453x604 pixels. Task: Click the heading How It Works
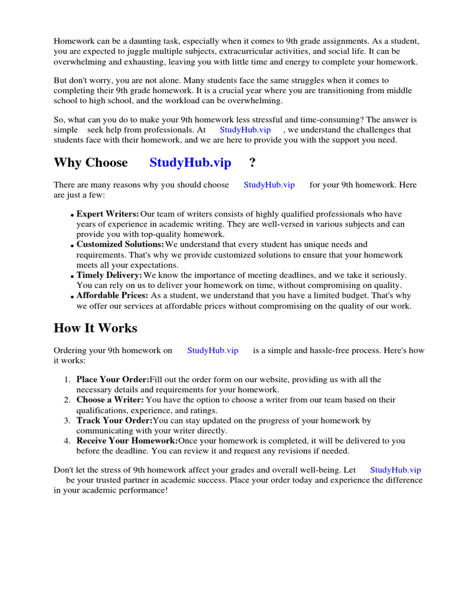tap(95, 328)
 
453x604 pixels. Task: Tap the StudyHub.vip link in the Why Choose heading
tap(190, 162)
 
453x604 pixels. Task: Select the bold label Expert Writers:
tap(108, 214)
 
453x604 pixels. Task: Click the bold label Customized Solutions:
tap(120, 244)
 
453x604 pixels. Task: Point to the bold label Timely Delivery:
tap(109, 275)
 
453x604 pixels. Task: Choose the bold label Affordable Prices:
tap(112, 295)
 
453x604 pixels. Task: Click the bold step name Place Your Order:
tap(113, 379)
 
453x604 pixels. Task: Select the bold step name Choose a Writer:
tap(110, 400)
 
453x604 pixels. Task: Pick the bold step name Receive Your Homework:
tap(127, 441)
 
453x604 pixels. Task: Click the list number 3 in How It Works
tap(67, 421)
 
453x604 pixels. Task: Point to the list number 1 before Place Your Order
tap(67, 379)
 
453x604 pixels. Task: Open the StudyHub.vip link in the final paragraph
tap(395, 470)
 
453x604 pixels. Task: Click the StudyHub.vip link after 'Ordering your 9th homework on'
tap(212, 350)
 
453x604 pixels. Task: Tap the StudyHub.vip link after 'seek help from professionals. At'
tap(245, 130)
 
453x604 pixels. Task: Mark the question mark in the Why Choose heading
tap(252, 162)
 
